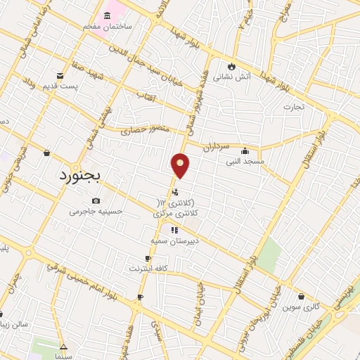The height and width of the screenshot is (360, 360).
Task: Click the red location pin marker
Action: coord(180,165)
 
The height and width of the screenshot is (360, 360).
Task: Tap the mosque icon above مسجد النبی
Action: coord(244,150)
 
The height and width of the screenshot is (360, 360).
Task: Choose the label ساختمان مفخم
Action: coord(108,26)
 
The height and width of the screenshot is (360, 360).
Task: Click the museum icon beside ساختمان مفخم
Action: coord(108,15)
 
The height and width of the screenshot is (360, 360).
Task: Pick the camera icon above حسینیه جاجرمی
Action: coord(96,200)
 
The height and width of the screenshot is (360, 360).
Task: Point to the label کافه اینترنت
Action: coord(148,269)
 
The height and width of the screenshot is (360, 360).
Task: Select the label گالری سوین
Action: coord(302,307)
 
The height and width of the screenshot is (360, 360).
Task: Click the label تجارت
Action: coord(292,107)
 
